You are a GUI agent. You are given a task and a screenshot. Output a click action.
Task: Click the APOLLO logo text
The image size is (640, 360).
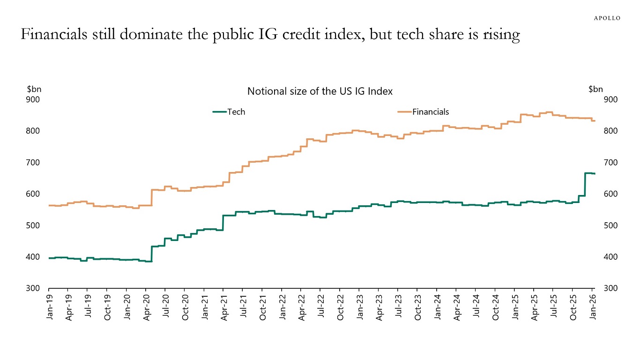pyautogui.click(x=607, y=18)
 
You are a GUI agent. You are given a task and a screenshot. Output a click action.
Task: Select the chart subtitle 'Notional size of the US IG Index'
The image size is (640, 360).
pyautogui.click(x=320, y=91)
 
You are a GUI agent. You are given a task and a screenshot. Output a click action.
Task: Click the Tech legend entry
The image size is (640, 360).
pyautogui.click(x=229, y=112)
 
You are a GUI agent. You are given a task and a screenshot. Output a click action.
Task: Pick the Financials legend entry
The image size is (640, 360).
pyautogui.click(x=424, y=112)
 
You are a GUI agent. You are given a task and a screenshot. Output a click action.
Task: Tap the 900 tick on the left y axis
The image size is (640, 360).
pyautogui.click(x=34, y=99)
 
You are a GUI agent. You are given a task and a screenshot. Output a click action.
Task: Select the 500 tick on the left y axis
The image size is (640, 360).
pyautogui.click(x=34, y=225)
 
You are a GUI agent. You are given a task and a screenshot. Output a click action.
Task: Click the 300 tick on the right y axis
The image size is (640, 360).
pyautogui.click(x=611, y=288)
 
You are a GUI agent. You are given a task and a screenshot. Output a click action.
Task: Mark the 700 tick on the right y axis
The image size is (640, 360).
pyautogui.click(x=611, y=163)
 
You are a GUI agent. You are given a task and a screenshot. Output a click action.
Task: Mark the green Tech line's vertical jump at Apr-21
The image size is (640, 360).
pyautogui.click(x=223, y=223)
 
